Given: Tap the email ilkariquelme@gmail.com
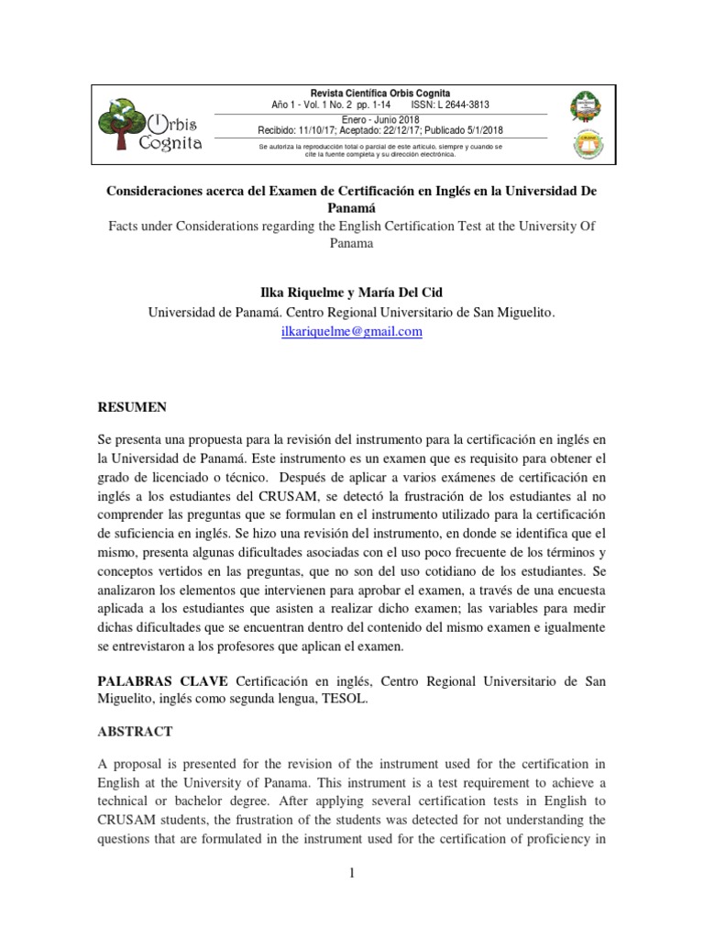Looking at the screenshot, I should click(x=351, y=332).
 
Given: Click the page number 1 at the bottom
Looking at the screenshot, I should click(x=351, y=874).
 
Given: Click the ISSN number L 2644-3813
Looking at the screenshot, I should click(x=463, y=105).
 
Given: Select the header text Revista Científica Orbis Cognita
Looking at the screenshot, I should click(x=380, y=93).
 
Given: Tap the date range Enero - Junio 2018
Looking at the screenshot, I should click(x=379, y=119).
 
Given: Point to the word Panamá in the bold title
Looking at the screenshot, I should click(x=351, y=207).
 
